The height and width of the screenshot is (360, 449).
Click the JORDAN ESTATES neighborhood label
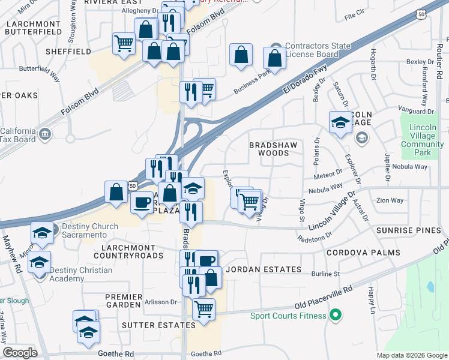(x=263, y=269)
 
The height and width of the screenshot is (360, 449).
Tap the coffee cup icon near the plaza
(x=142, y=202)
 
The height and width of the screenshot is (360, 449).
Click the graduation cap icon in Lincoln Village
(x=340, y=122)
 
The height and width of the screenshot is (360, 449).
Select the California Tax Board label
(x=18, y=136)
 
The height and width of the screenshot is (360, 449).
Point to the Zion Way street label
(x=390, y=200)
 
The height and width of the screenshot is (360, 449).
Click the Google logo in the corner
(x=20, y=353)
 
